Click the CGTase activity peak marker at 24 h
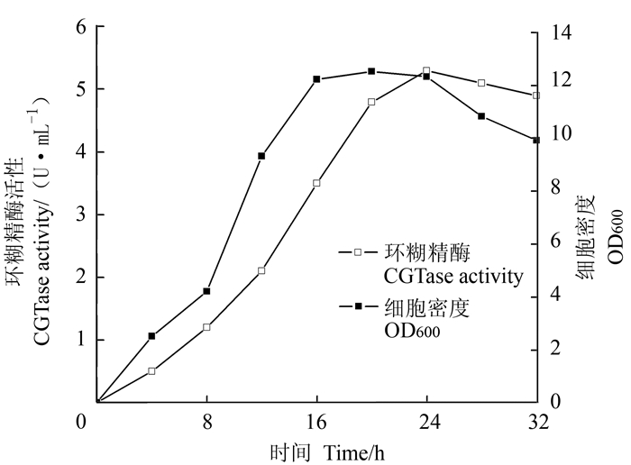426,70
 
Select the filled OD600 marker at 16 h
316,79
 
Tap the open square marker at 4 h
151,370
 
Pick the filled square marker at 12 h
261,156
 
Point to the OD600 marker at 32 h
536,140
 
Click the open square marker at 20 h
371,102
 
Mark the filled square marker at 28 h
481,116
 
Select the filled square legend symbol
358,307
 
